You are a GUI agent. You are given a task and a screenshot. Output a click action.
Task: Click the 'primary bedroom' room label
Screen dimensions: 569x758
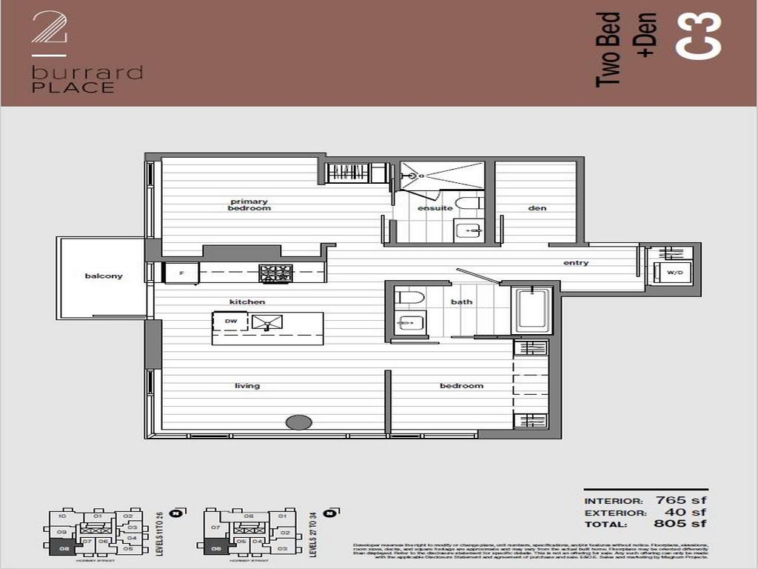pyautogui.click(x=249, y=204)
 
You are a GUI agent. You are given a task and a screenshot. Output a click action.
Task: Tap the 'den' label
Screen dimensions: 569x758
pyautogui.click(x=537, y=208)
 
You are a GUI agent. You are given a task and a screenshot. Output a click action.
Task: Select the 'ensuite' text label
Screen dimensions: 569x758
pyautogui.click(x=435, y=208)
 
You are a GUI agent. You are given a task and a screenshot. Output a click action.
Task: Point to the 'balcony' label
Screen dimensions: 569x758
pyautogui.click(x=104, y=276)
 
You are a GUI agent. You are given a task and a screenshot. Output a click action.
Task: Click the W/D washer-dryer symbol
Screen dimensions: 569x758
pyautogui.click(x=674, y=272)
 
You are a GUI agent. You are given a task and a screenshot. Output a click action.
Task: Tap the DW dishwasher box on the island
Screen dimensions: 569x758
pyautogui.click(x=230, y=322)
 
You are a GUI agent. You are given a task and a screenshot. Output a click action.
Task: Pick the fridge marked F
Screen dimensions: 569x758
pyautogui.click(x=181, y=273)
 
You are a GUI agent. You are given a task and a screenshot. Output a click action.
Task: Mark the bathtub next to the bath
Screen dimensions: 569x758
pyautogui.click(x=532, y=310)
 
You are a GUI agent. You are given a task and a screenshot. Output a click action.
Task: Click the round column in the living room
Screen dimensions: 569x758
pyautogui.click(x=298, y=422)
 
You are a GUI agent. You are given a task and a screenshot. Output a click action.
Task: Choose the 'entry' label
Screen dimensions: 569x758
pyautogui.click(x=576, y=262)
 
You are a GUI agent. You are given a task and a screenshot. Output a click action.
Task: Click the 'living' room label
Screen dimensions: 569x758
pyautogui.click(x=247, y=385)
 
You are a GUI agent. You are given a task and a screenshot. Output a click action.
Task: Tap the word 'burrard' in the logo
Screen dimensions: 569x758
pyautogui.click(x=87, y=73)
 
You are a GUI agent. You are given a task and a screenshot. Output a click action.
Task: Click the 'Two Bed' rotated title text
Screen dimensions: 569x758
pyautogui.click(x=608, y=49)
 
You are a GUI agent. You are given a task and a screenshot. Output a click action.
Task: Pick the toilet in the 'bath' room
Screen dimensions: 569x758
pyautogui.click(x=410, y=298)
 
